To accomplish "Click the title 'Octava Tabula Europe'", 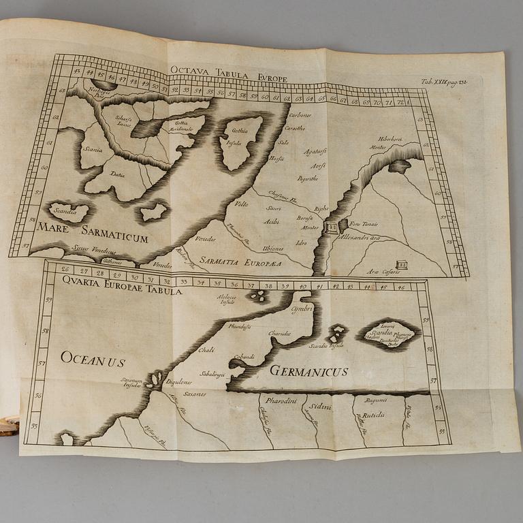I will point(228,72).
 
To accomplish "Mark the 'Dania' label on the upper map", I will point(118,174).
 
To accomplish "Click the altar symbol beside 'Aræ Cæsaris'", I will point(402,264).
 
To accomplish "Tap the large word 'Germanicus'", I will point(308,371).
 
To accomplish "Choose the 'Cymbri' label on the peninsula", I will point(300,309).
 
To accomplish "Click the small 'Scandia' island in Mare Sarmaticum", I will point(67,210).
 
